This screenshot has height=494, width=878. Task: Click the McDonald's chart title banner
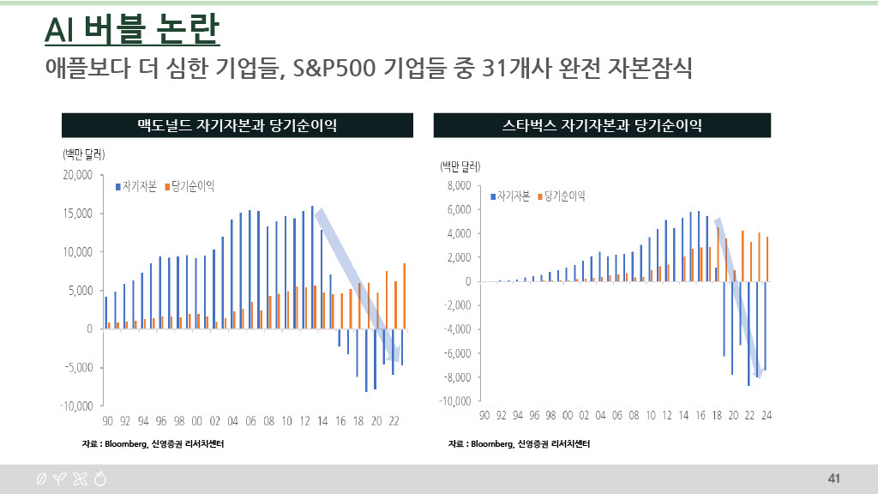[x=237, y=125]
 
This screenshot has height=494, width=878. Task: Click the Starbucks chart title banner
[x=602, y=125]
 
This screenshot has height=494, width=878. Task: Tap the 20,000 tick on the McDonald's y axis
[x=78, y=175]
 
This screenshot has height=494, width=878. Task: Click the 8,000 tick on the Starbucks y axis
[x=459, y=185]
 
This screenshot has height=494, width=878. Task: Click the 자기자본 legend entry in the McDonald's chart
[x=138, y=185]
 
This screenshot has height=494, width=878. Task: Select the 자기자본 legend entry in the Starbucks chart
[x=511, y=196]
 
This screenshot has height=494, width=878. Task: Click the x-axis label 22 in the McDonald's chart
[x=394, y=421]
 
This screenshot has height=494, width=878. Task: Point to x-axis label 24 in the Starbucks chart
[x=767, y=416]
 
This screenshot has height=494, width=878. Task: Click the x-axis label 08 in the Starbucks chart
[x=634, y=416]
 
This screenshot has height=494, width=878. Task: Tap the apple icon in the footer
[x=100, y=479]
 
